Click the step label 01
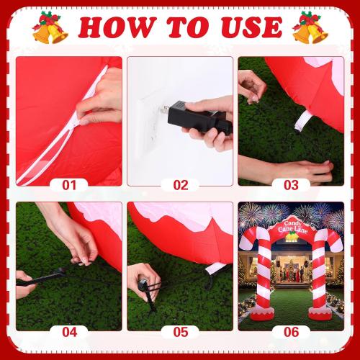(x=69, y=185)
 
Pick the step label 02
(x=180, y=185)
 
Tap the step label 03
(x=291, y=185)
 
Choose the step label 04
(x=69, y=332)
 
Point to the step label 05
(x=180, y=332)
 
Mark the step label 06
(x=291, y=332)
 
